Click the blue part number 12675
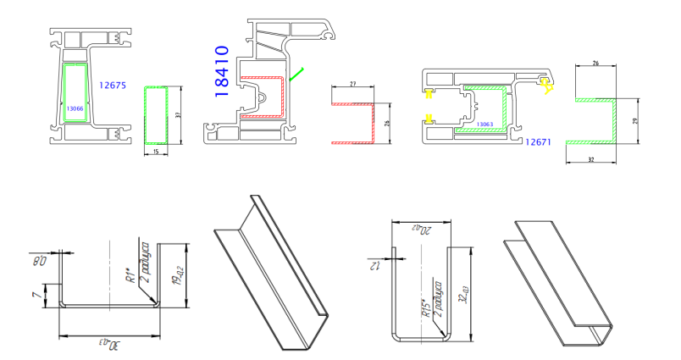click(112, 86)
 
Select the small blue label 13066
click(75, 108)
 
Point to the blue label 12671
click(538, 141)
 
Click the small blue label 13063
click(484, 125)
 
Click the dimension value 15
click(156, 151)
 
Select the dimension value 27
click(352, 84)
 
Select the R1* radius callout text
click(130, 277)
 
